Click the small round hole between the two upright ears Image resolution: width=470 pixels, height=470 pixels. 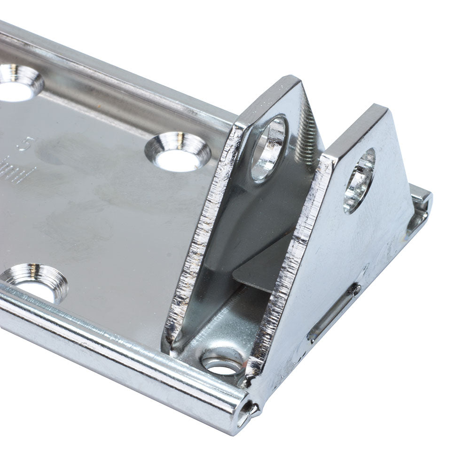pyautogui.click(x=222, y=364)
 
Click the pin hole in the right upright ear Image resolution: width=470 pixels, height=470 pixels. pyautogui.click(x=360, y=181)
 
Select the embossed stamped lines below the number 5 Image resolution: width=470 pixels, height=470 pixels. pyautogui.click(x=21, y=174)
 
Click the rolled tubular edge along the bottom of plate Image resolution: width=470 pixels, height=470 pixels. pyautogui.click(x=117, y=357)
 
